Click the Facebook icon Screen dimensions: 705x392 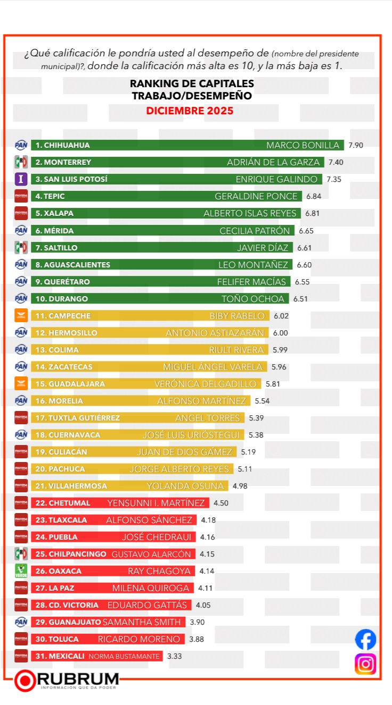point(365,639)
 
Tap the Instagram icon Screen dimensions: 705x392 point(365,664)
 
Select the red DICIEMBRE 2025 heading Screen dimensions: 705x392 point(190,111)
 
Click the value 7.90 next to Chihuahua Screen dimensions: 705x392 point(356,145)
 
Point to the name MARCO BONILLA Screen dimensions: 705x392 point(303,145)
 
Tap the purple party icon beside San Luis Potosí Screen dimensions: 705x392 point(21,179)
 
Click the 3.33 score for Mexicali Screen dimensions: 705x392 point(174,656)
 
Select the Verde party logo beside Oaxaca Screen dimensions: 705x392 point(21,571)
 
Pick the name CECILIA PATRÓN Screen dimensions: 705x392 point(255,231)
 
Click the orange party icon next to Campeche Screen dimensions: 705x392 point(21,316)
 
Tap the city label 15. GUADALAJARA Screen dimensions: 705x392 point(70,384)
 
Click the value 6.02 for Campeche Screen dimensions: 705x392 point(281,316)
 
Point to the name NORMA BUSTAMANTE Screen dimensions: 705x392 point(124,656)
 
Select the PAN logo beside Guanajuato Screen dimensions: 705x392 point(21,622)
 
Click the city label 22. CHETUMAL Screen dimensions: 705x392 point(62,503)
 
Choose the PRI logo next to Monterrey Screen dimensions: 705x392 point(21,162)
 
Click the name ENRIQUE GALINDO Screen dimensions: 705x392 point(276,179)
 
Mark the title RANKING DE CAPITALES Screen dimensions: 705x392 point(192,84)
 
